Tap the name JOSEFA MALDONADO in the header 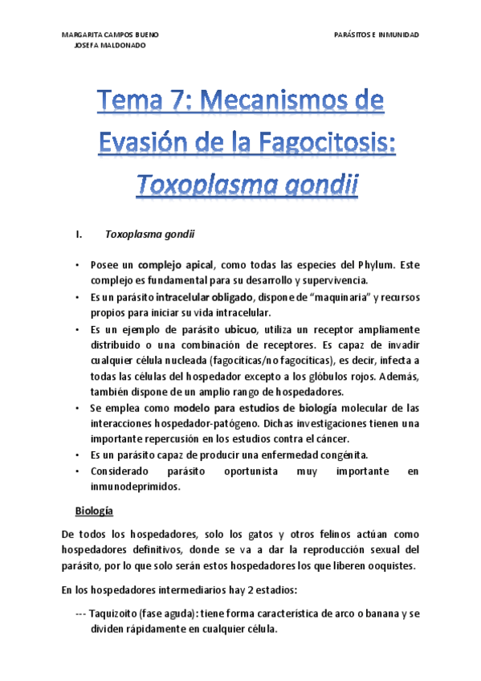[x=109, y=46]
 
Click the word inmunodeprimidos [x=132, y=487]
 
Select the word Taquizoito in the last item [x=115, y=614]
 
